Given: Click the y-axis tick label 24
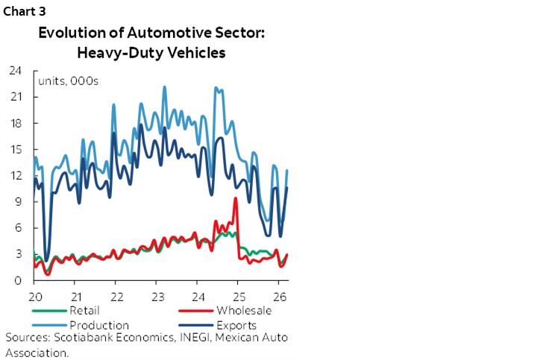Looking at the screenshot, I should [14, 71].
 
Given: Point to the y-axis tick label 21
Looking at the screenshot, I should [14, 97].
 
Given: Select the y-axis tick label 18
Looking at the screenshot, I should [14, 123].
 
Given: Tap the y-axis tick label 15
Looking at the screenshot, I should [14, 149].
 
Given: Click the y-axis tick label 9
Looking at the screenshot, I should [16, 202].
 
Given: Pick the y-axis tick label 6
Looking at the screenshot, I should [16, 228].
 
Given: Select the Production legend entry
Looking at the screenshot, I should [98, 325].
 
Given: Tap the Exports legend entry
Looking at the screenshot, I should [238, 325].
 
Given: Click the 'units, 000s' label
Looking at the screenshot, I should [67, 80].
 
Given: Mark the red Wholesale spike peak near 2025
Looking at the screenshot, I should [236, 198].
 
